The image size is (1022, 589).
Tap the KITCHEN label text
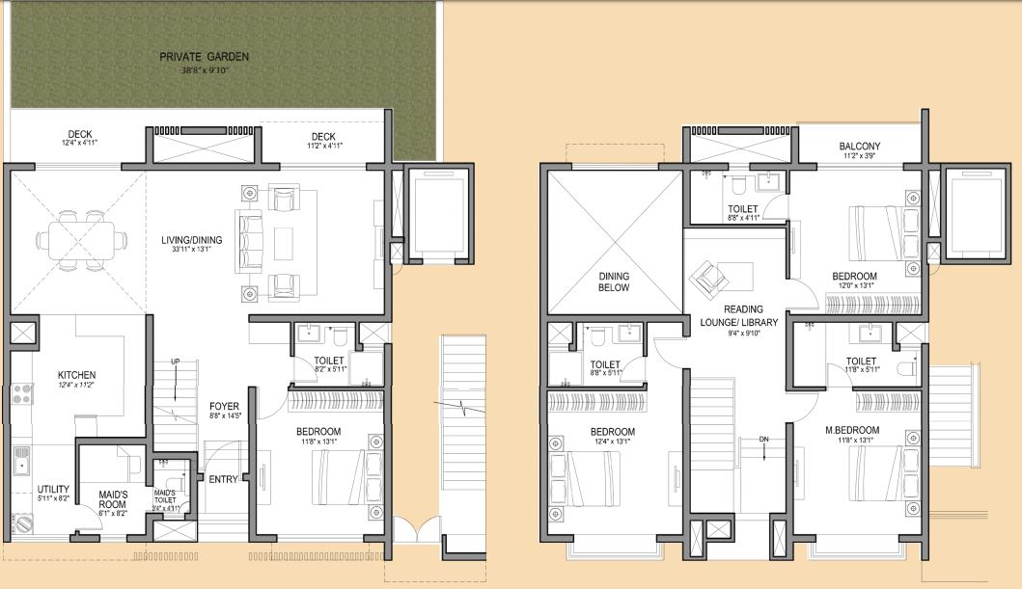point(77,375)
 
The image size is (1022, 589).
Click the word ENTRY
point(223,478)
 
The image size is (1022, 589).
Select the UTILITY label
point(53,489)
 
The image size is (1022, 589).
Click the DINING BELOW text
point(613,281)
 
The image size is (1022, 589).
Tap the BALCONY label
point(860,147)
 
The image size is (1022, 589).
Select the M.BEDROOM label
point(852,430)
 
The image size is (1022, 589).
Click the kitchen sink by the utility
point(21,464)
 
